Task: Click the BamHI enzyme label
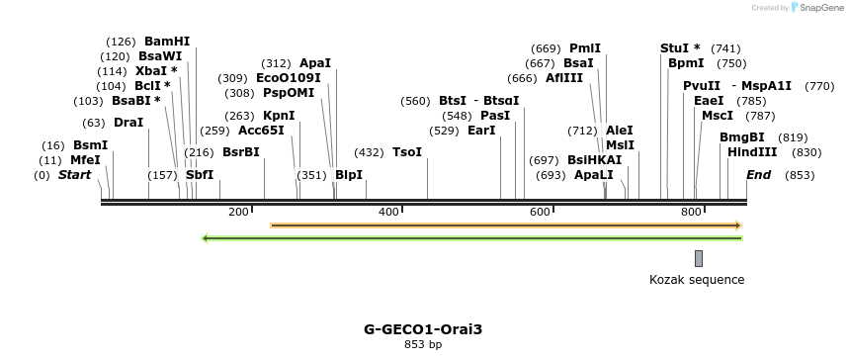166,42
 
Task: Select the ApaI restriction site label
315,63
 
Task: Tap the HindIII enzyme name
752,152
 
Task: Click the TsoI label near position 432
407,152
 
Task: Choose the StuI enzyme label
680,48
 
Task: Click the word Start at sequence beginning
74,175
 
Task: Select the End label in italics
758,175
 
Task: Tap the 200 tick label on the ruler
238,212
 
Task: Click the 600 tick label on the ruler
540,212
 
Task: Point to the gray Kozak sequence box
699,258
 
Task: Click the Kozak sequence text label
697,280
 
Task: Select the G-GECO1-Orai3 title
423,328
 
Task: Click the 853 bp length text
423,344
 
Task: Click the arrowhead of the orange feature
737,225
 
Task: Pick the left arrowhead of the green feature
205,238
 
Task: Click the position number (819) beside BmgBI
793,137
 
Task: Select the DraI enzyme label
128,123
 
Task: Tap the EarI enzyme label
481,131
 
